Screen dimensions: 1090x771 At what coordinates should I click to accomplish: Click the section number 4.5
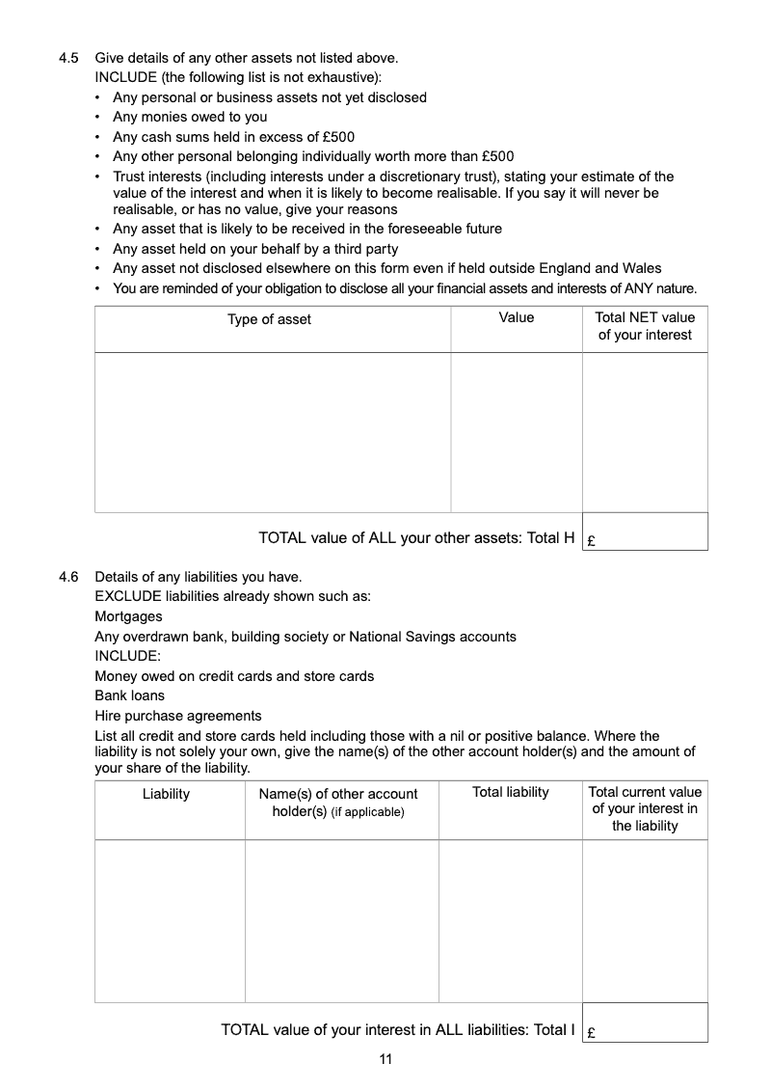68,58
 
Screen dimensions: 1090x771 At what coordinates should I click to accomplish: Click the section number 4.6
68,577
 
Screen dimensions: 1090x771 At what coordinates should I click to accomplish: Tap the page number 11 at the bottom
385,1059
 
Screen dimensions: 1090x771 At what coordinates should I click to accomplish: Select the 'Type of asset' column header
269,319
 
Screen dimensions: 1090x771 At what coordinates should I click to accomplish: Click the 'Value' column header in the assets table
517,317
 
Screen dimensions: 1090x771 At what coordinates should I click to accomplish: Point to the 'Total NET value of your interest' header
645,326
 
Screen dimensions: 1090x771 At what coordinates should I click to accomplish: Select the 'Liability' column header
166,794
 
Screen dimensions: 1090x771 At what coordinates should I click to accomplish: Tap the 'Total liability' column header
511,792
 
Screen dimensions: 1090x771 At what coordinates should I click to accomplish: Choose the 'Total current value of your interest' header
645,808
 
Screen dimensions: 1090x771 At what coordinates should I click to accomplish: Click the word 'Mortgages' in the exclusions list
128,616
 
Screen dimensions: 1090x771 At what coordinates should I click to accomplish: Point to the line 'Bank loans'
129,695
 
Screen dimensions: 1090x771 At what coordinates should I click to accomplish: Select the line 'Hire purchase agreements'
177,716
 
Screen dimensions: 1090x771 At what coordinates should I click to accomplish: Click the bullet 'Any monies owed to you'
190,117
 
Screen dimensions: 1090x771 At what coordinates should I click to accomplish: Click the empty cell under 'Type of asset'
272,431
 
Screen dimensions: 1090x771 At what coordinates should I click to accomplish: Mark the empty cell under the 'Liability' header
170,920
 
